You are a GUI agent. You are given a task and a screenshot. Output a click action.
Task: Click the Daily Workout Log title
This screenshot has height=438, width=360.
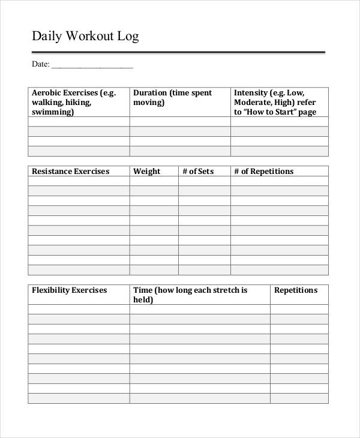85,37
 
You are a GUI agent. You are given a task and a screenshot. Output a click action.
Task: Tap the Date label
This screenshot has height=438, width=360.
40,64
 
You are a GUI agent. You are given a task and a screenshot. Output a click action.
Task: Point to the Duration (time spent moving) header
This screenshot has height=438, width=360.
172,97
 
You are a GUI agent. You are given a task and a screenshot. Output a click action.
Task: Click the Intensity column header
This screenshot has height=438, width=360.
275,102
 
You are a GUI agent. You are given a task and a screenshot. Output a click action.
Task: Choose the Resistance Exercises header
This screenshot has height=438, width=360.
70,171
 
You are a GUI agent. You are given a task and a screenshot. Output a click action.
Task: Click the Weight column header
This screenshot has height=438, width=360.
146,171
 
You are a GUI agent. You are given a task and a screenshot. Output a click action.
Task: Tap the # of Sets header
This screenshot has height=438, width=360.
198,171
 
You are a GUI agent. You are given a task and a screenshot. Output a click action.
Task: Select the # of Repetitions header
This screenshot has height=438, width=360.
263,171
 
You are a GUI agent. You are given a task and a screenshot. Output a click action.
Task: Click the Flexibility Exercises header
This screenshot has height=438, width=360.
69,290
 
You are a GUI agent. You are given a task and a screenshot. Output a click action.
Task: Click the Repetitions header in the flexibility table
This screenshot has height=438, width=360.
296,290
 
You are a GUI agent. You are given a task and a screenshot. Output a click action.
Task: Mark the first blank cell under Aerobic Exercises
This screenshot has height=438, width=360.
79,122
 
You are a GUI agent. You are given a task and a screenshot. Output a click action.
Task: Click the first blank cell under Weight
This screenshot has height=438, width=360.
154,181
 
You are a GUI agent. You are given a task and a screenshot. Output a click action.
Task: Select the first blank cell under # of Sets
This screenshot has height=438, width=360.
204,181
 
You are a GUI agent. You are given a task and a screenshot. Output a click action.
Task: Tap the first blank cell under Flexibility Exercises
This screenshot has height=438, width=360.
79,310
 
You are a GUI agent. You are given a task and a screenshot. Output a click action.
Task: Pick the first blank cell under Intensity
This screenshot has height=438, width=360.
280,122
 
